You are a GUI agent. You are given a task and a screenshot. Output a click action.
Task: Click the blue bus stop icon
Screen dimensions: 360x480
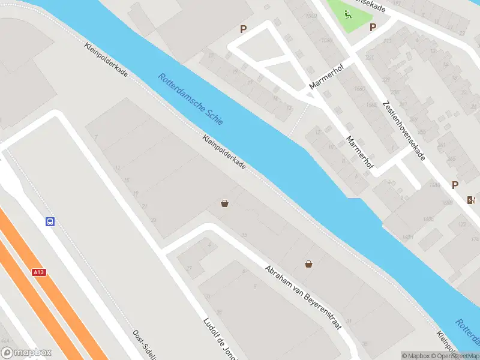click(x=50, y=221)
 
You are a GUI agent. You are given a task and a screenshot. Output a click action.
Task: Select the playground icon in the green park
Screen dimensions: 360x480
click(x=347, y=14)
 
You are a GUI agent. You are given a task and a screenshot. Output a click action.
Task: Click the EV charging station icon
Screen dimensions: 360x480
click(x=472, y=200)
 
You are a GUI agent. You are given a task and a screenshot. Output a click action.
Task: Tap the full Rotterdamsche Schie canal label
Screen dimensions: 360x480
click(x=191, y=99)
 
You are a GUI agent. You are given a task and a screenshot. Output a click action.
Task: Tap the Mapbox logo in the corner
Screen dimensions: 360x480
click(x=26, y=353)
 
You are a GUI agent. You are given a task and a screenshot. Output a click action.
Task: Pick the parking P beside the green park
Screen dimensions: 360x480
click(x=373, y=27)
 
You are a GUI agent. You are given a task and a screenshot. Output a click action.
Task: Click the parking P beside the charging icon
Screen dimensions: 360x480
click(x=455, y=185)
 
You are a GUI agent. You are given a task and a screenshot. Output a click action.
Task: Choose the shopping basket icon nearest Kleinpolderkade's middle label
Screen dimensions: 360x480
click(x=224, y=203)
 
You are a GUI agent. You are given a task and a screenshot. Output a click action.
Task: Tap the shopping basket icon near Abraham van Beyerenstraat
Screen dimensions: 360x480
click(x=308, y=263)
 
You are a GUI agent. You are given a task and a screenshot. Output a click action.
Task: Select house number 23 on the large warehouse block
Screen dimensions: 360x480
click(x=154, y=220)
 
